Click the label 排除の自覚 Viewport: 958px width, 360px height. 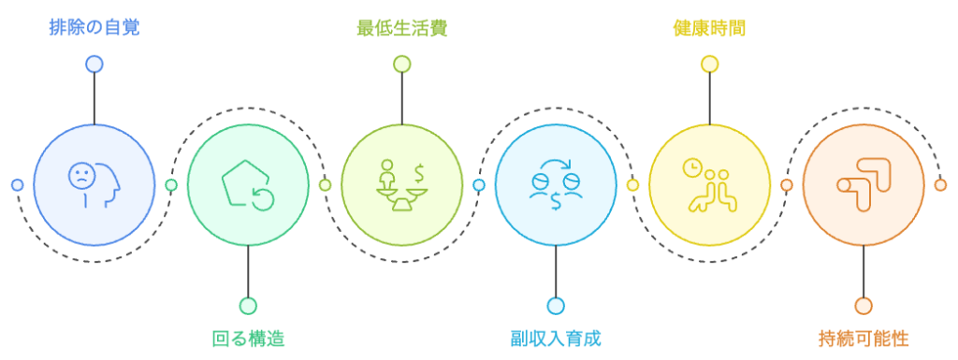[94, 27]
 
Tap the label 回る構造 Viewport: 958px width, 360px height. [248, 338]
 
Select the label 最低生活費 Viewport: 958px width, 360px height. [401, 27]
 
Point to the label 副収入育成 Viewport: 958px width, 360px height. [556, 338]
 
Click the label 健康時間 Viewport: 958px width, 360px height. [709, 27]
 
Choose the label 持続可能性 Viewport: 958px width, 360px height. [864, 338]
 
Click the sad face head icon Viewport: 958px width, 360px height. [94, 184]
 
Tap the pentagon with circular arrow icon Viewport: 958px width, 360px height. [248, 184]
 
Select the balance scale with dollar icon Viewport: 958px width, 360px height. [401, 184]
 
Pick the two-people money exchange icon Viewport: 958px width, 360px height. [556, 184]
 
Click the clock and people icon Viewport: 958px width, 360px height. [709, 184]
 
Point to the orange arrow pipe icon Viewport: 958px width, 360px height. [864, 184]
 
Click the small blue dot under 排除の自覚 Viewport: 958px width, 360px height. [94, 64]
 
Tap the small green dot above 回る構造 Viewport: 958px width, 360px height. [248, 306]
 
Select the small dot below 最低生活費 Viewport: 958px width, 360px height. [401, 64]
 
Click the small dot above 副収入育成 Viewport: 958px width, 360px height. [556, 306]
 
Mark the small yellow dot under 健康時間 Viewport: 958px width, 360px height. [709, 64]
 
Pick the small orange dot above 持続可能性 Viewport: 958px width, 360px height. [864, 306]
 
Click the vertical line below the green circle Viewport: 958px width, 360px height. [248, 271]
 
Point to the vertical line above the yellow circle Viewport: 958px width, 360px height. [709, 97]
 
